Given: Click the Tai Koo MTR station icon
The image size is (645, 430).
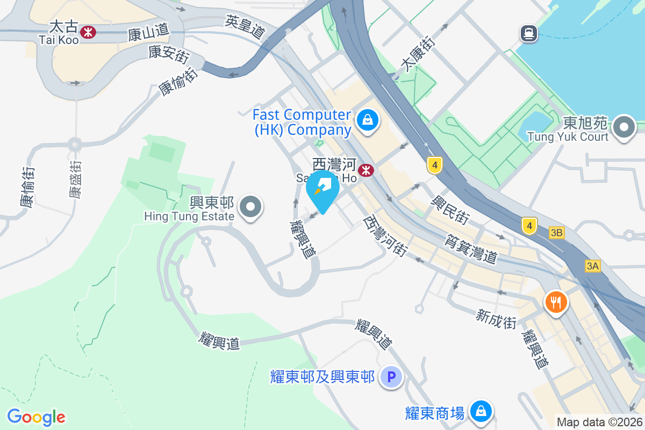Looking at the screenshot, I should (88, 33).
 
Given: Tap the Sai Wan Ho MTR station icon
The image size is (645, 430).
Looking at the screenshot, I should (367, 170).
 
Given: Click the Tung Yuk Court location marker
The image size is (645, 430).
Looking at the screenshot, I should (624, 128).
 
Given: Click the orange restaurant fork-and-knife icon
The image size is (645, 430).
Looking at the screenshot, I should (556, 303).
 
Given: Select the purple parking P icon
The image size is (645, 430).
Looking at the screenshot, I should (391, 377).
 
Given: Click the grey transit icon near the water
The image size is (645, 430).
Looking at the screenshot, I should (529, 34).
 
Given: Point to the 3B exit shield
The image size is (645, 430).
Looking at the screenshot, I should (557, 233).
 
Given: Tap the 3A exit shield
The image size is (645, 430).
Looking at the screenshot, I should (593, 266).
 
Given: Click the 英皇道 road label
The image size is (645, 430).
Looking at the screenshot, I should (246, 27).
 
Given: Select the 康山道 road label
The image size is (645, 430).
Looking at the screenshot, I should (148, 35).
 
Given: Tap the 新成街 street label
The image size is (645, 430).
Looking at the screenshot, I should (496, 318).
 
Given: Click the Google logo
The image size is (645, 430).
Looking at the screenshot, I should (36, 417).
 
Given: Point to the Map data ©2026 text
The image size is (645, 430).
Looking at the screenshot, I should (599, 422).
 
